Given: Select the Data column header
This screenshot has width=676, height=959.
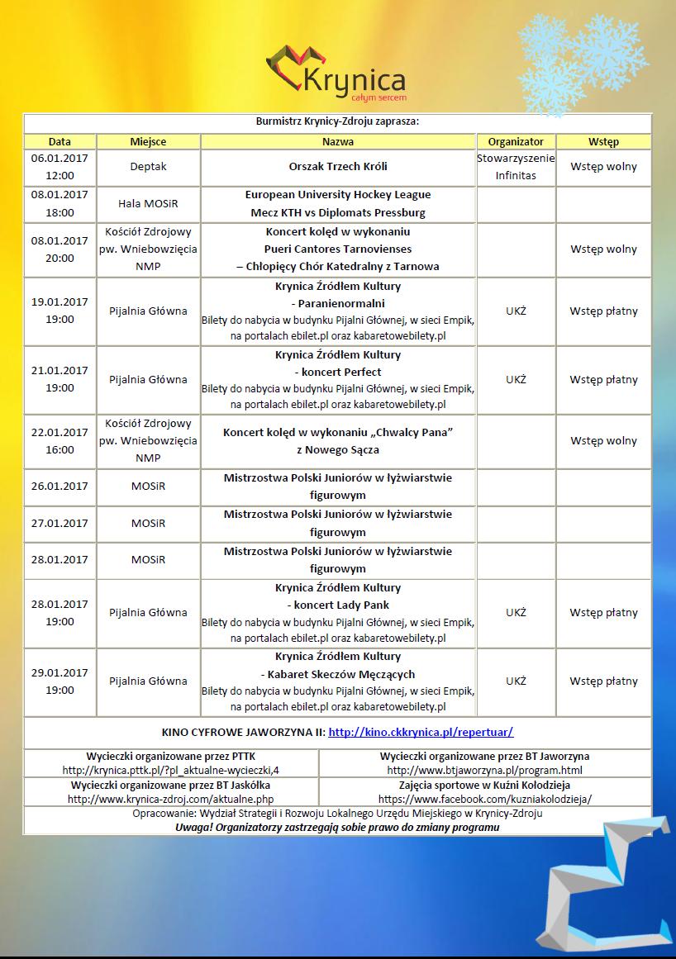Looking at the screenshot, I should point(60,142).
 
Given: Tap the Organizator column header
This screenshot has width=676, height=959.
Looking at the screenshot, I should point(516,142).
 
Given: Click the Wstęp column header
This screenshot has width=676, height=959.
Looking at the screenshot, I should point(603,142).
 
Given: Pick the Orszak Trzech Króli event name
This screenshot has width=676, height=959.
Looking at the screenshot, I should point(338,167).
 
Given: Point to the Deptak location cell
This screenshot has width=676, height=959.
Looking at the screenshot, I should point(148,167).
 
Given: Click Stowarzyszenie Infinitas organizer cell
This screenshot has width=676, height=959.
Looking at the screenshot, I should point(516,167).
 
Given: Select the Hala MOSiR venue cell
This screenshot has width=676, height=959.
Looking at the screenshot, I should point(148,203).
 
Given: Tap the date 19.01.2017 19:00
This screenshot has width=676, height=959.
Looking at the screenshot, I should point(60,311).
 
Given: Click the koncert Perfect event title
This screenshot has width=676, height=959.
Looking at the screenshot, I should point(338,372).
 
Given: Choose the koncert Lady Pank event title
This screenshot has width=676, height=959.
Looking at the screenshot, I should point(338,605).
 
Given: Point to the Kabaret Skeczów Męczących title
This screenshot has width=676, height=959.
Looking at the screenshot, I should point(338,674).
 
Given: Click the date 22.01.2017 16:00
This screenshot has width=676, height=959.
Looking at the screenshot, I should point(60,441).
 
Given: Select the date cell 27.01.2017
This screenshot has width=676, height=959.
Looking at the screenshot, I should point(60,523).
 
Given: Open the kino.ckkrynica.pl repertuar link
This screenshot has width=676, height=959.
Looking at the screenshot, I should point(421,732).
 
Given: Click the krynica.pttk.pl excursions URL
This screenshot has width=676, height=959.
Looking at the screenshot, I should point(171,771).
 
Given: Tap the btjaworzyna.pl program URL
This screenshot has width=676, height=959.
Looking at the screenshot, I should point(485,771).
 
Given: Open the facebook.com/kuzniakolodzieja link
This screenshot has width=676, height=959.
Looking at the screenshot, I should point(485,800).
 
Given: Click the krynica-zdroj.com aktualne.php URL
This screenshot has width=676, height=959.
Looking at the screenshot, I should point(171,800).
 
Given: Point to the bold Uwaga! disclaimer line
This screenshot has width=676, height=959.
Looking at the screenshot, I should point(337,827).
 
